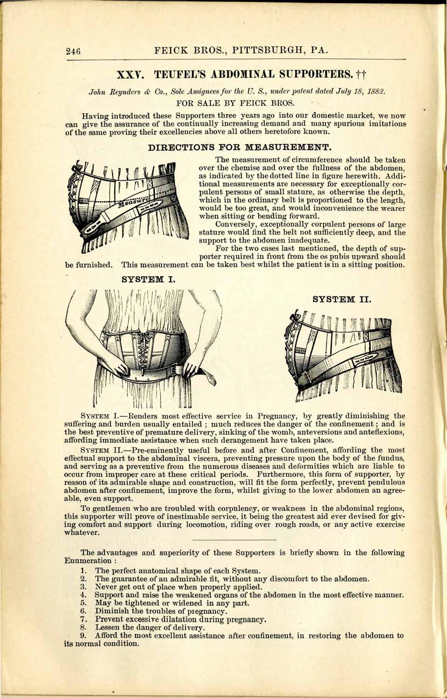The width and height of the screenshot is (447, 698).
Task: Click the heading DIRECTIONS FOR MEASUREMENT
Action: click(239, 149)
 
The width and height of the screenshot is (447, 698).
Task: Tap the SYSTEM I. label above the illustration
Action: click(148, 280)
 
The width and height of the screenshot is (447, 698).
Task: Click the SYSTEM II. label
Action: click(342, 299)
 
